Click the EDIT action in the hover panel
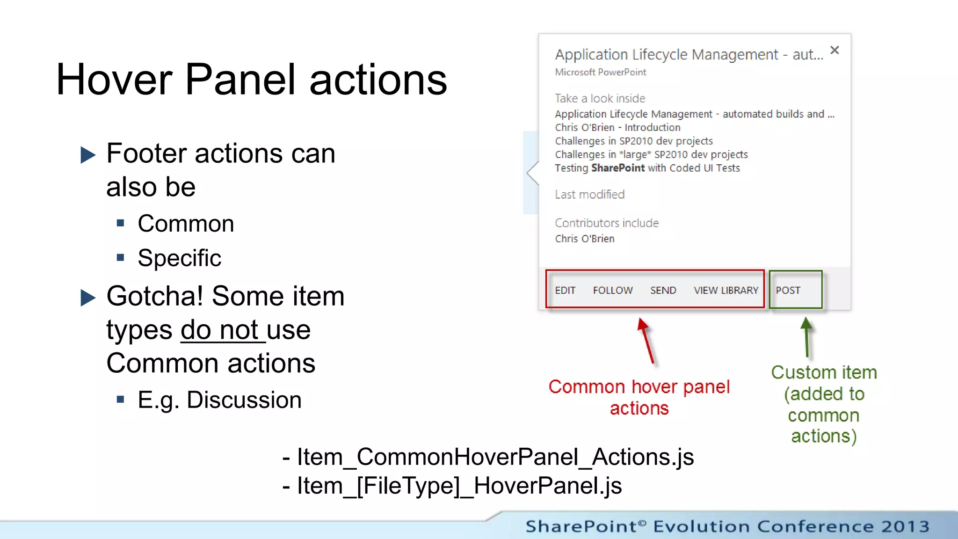point(565,291)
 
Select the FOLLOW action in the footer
point(613,291)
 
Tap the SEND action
point(663,291)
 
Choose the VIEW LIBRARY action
point(726,291)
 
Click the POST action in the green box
point(788,291)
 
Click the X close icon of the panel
point(835,50)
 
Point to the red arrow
point(646,340)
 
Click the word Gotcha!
point(155,296)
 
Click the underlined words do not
point(219,330)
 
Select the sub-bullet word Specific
point(179,258)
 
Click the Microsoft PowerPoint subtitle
point(600,73)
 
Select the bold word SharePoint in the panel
point(618,168)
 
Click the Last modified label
point(589,195)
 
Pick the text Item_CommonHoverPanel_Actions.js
point(495,457)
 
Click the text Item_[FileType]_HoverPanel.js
point(459,486)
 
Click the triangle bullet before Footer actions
point(87,155)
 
